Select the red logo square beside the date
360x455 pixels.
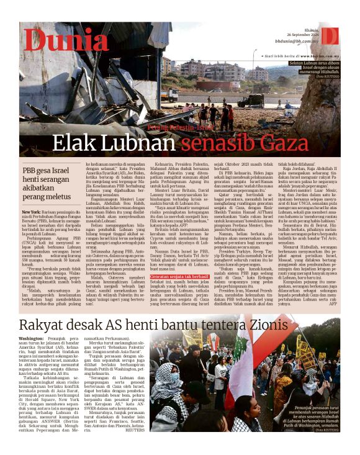click(330, 35)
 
